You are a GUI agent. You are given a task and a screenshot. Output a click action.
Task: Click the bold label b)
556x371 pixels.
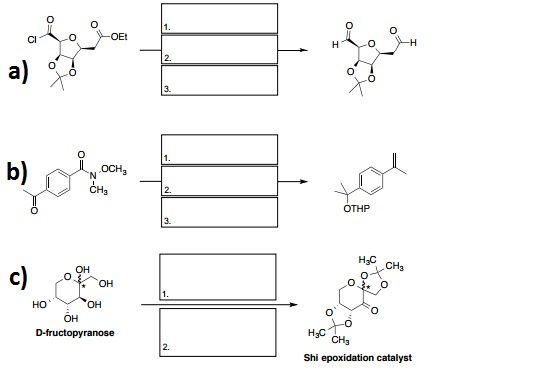pos(17,172)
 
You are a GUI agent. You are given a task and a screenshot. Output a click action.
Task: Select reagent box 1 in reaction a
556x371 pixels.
pos(217,19)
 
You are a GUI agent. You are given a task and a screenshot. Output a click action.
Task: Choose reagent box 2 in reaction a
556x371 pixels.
pos(217,49)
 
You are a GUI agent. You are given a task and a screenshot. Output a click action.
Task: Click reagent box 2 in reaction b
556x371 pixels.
pos(217,179)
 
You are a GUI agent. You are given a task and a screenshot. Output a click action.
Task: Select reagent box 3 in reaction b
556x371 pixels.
pos(217,210)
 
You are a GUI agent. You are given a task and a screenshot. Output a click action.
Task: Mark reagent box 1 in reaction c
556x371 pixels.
pos(217,278)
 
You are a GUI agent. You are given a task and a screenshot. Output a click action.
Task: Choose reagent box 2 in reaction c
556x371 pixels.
pos(217,330)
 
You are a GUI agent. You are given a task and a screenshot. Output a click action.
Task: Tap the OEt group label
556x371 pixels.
pos(118,36)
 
